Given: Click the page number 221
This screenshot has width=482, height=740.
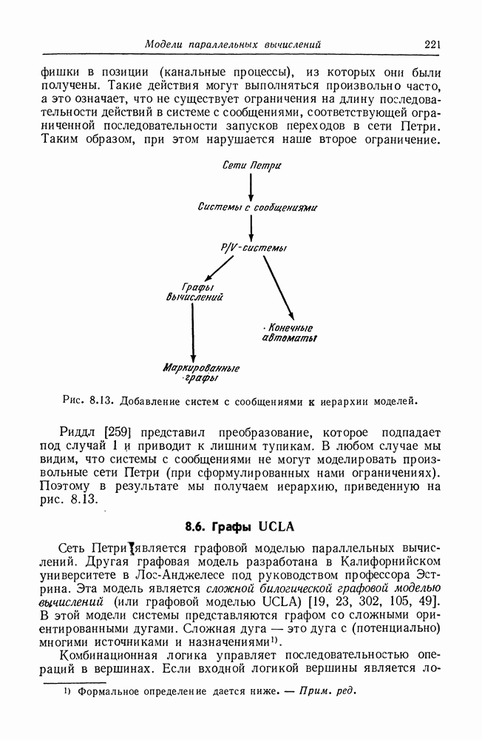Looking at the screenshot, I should click(x=432, y=45).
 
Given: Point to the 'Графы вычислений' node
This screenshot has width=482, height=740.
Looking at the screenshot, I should click(x=194, y=292).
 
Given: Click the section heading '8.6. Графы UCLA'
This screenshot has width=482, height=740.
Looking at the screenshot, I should click(x=240, y=527).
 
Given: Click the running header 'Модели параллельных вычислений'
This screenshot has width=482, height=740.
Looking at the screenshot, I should click(x=232, y=45).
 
